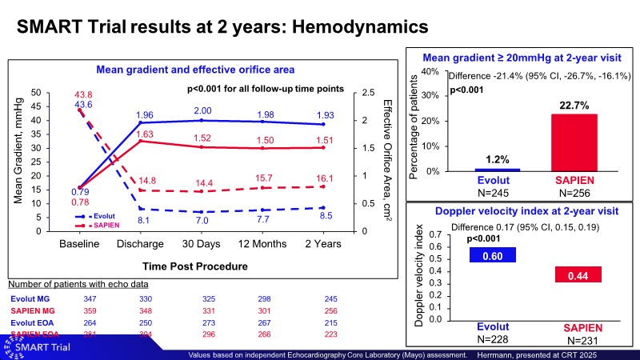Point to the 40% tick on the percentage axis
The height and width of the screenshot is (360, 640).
point(428,71)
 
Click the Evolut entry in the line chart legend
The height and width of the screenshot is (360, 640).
point(102,216)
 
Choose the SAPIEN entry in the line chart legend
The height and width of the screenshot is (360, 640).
point(104,225)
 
